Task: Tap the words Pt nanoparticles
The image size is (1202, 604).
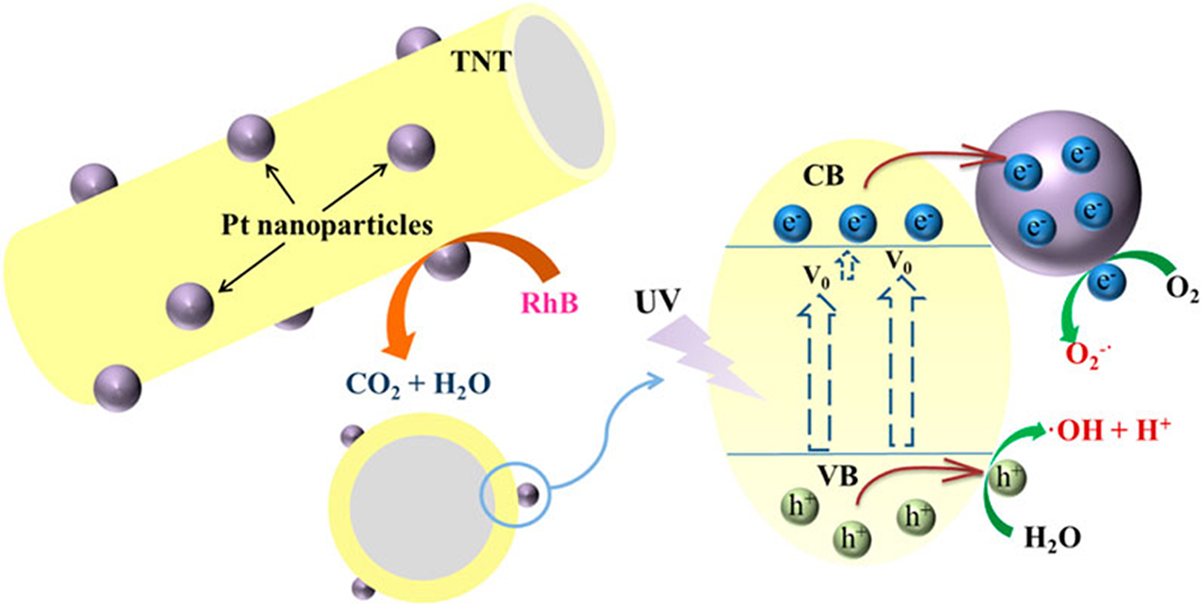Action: (327, 225)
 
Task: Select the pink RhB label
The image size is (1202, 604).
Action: (550, 303)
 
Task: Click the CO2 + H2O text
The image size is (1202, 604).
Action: (418, 385)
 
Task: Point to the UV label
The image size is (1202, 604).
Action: (658, 302)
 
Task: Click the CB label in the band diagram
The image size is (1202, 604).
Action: (823, 176)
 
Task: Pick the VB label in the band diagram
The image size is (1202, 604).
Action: (838, 475)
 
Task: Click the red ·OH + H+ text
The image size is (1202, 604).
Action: (1110, 431)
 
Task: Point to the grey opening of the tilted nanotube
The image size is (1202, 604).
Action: (559, 92)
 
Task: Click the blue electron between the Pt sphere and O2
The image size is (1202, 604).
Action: (1107, 281)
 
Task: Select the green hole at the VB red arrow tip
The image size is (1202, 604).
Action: (1007, 478)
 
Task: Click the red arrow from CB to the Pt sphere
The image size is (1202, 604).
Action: (933, 159)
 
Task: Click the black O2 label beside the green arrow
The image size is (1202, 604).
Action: (1183, 290)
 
